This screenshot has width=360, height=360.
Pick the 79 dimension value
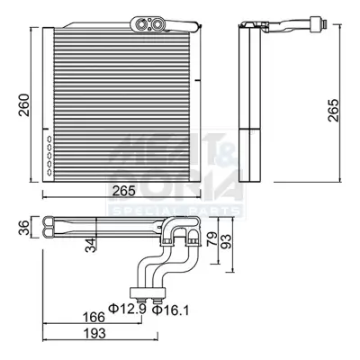(x=211, y=239)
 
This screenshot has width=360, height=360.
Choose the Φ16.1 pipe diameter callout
(x=169, y=311)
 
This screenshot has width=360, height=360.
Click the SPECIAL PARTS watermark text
(x=175, y=210)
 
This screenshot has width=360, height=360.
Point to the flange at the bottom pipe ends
(x=148, y=291)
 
